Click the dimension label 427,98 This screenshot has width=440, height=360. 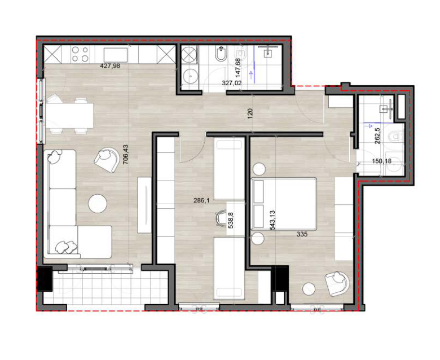pos(110,66)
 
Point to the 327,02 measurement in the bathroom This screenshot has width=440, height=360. pos(231,83)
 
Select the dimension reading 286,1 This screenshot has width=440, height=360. pos(202,201)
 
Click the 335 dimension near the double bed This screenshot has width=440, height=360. pos(302,234)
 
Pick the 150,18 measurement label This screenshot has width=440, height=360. pos(382,161)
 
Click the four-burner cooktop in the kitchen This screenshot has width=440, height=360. pos(80,54)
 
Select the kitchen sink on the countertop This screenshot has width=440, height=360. pos(116,55)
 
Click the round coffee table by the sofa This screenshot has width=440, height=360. pos(98,204)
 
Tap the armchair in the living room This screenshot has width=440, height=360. pos(107,160)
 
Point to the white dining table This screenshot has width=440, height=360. pos(69,115)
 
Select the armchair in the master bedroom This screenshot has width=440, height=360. pos(337,283)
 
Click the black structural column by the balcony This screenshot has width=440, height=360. pos(45,279)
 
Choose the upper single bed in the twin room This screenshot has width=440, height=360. pos(229,169)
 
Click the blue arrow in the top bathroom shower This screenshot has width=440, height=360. pos(251,75)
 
